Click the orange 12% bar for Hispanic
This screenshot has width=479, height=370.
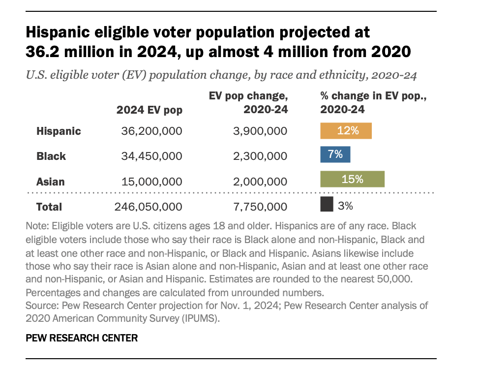[x=346, y=131]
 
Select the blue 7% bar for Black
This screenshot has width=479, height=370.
[x=335, y=154]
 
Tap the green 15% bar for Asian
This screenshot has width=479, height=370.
[x=352, y=179]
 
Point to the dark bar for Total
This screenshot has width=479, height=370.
[x=327, y=205]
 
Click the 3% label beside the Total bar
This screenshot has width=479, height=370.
[x=345, y=206]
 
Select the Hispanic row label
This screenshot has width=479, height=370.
[x=59, y=131]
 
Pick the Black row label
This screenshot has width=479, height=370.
[x=51, y=156]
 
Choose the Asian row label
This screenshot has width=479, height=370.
[x=50, y=182]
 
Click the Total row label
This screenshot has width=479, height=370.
[x=49, y=207]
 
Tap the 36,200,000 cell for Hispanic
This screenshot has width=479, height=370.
[x=151, y=131]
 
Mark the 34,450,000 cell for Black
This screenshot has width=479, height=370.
[x=151, y=156]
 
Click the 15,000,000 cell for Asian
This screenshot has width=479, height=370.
[x=151, y=182]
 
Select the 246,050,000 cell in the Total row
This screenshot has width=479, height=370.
[x=148, y=207]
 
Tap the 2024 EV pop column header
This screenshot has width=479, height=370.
[x=149, y=110]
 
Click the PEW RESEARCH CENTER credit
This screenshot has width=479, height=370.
[x=82, y=338]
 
